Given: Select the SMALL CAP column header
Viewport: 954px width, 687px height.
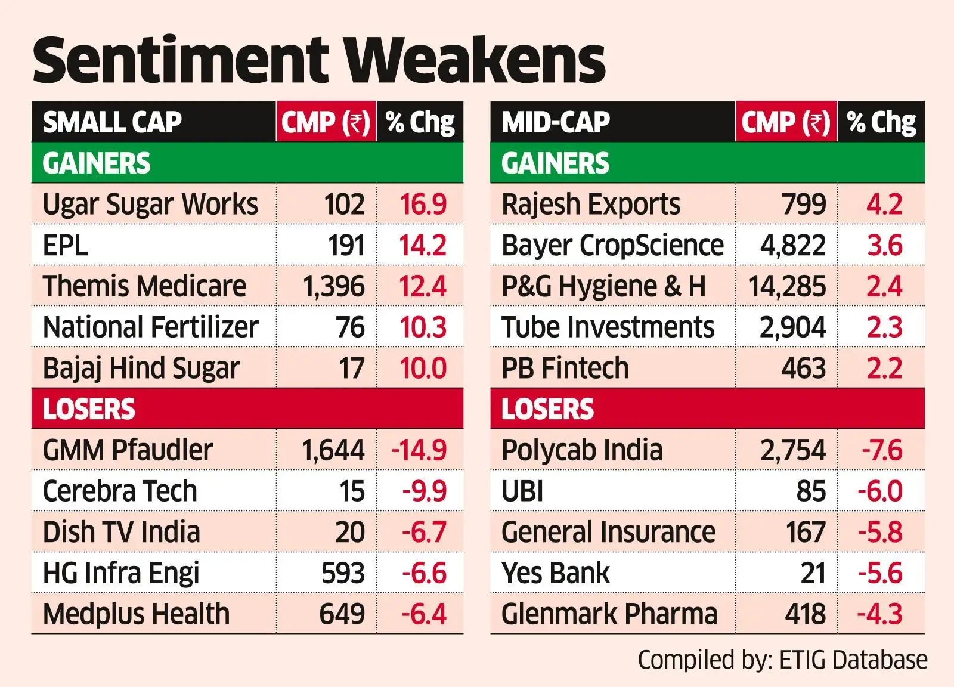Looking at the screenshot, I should click(112, 122).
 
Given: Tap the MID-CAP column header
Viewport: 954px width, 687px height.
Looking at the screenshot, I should click(556, 122).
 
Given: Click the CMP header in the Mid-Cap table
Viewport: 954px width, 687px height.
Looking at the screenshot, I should click(785, 122).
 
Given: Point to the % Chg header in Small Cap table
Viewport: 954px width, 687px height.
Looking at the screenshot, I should click(420, 122).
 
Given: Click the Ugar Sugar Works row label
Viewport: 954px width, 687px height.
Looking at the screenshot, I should click(150, 205).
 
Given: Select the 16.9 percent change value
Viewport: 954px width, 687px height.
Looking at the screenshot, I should click(423, 205).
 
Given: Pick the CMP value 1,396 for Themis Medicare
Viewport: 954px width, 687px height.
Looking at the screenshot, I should click(333, 286).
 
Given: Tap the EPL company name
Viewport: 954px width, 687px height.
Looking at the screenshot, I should click(66, 246).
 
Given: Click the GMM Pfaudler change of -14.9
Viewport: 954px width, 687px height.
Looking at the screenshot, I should click(419, 450).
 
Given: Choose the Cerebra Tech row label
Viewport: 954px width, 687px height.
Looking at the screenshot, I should click(120, 491).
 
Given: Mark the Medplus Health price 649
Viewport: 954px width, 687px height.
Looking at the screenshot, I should click(342, 614).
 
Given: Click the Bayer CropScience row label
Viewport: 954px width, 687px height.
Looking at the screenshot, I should click(612, 246).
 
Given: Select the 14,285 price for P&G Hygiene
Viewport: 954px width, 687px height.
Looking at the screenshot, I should click(787, 286).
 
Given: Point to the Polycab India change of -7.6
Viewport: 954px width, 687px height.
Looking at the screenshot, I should click(882, 450).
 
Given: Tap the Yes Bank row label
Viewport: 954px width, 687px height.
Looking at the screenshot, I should click(556, 573).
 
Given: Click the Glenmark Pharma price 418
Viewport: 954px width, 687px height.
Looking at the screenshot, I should click(805, 614).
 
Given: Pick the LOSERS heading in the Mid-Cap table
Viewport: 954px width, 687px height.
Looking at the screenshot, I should click(547, 409).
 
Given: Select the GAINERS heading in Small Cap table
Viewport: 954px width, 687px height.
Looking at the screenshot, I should click(97, 163).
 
